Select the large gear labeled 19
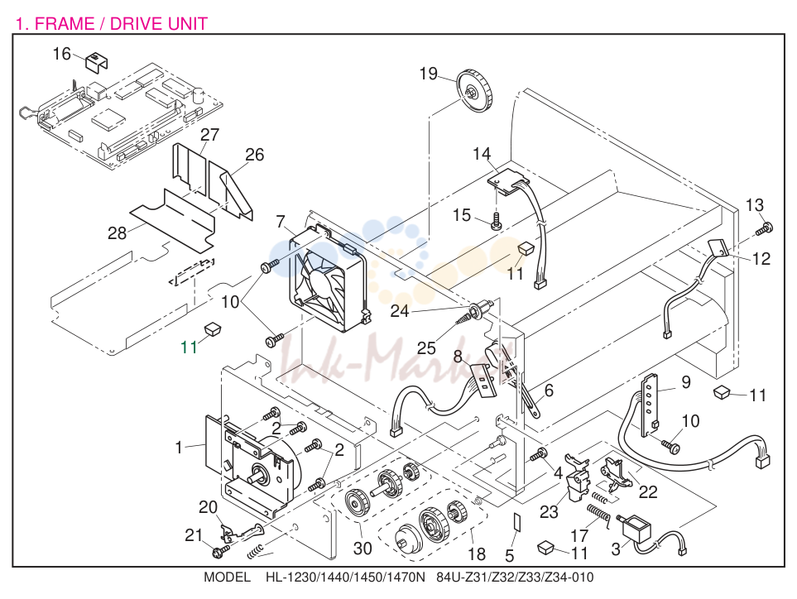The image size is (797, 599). (475, 93)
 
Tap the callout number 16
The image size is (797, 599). (62, 53)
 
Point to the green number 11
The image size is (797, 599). (189, 347)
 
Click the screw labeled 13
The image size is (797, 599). (764, 228)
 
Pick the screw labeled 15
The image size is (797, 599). (497, 221)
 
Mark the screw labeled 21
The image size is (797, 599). (219, 549)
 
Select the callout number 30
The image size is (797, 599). (362, 549)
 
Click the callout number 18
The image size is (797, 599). (476, 553)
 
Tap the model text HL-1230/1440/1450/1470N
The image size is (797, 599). (344, 577)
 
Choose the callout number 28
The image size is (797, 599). (117, 232)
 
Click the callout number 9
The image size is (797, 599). (685, 382)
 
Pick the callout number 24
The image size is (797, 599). (400, 311)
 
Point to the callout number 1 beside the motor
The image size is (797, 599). (179, 448)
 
